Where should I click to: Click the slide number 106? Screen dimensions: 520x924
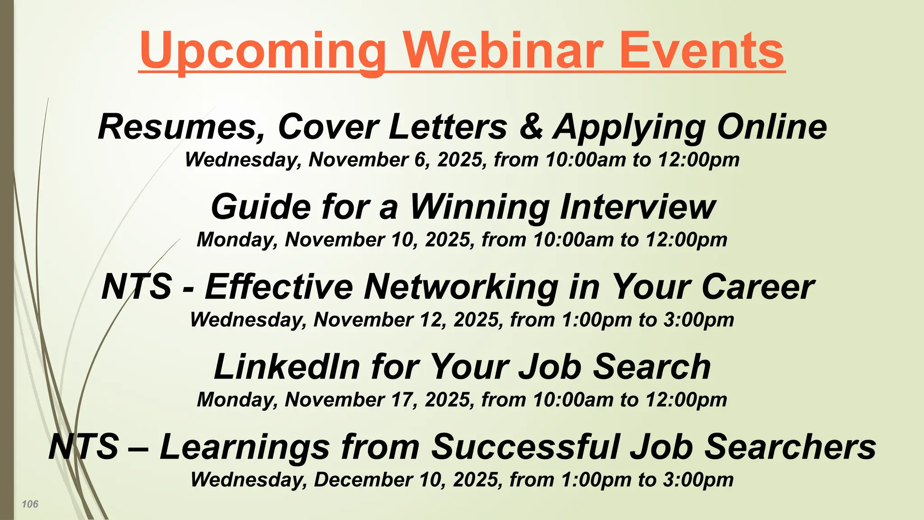click(x=30, y=504)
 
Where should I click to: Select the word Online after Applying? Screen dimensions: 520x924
click(x=772, y=126)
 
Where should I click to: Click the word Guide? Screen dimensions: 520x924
click(x=261, y=207)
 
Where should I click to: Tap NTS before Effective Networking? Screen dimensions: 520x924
click(x=137, y=287)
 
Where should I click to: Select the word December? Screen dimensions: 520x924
click(x=363, y=479)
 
